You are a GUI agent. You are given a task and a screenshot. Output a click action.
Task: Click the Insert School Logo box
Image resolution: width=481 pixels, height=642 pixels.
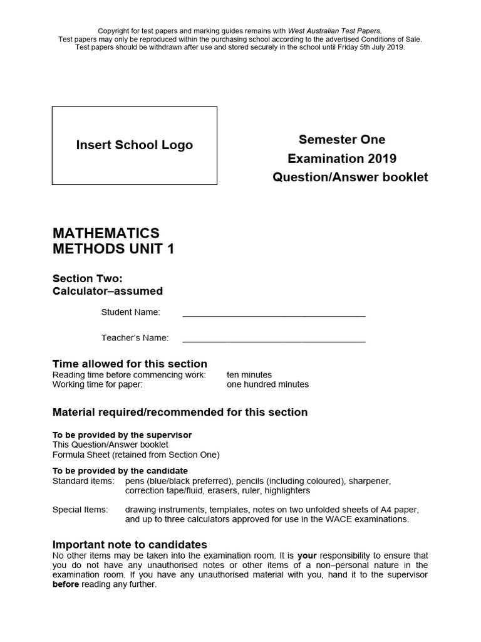click(x=135, y=145)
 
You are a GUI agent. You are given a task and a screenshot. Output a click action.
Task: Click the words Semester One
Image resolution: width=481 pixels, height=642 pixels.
click(x=342, y=139)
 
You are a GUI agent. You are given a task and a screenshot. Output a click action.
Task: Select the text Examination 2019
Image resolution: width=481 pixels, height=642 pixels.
click(x=342, y=159)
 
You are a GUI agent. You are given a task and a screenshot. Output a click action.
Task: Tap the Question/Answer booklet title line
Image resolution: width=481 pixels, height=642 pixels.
click(x=350, y=177)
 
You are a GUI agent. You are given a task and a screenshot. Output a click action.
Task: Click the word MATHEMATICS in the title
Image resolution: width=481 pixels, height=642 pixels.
click(x=106, y=233)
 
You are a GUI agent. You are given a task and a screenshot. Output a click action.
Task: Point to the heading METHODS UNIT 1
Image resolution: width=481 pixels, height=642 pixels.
click(x=113, y=250)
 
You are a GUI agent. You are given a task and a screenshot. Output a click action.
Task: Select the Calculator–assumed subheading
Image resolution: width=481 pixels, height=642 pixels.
click(x=108, y=291)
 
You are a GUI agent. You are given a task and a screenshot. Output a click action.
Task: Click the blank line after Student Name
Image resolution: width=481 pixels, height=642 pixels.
click(x=274, y=313)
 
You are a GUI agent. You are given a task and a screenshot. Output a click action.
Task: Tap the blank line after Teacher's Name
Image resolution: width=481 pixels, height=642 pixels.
click(x=274, y=339)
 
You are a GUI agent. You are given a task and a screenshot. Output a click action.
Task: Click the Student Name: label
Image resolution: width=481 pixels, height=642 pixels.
click(x=131, y=312)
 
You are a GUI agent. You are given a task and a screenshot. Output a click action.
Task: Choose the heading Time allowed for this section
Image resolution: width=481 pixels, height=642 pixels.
click(x=130, y=364)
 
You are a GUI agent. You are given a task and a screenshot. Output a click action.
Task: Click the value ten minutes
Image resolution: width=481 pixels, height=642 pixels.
click(x=249, y=375)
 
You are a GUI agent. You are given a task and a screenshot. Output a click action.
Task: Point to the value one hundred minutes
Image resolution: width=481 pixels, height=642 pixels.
click(x=267, y=384)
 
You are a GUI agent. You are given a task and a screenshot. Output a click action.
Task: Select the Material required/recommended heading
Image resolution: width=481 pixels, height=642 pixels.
click(x=180, y=413)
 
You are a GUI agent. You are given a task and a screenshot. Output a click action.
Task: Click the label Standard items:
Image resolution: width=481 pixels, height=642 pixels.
click(x=83, y=481)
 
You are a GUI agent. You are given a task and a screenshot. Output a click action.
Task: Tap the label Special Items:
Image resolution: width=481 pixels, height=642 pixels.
click(x=80, y=510)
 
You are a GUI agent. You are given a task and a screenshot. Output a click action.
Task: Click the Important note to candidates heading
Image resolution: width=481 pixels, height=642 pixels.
click(x=130, y=544)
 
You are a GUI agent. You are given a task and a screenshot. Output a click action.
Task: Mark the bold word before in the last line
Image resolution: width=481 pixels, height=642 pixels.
click(x=66, y=584)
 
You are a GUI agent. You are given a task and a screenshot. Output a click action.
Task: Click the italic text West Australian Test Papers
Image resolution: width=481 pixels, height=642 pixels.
click(x=334, y=30)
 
